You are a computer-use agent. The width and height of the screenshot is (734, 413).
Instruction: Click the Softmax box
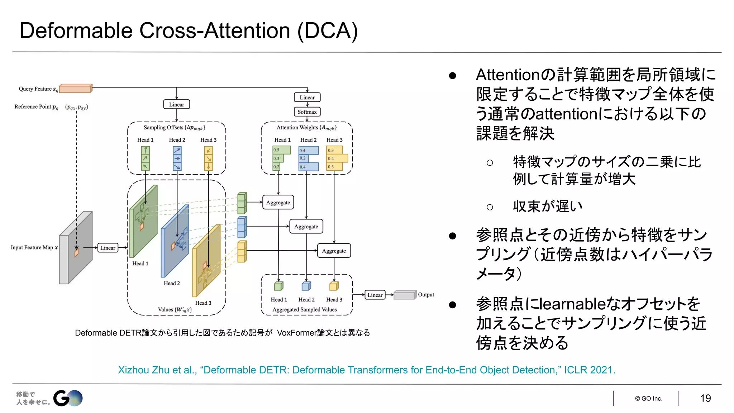(307, 112)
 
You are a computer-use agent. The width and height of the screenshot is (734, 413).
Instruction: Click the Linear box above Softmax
(307, 98)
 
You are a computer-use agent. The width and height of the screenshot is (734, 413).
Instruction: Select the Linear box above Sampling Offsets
(177, 104)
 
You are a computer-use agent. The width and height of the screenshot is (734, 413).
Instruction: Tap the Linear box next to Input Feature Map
(108, 248)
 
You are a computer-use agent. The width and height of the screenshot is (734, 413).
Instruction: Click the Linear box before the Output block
(375, 295)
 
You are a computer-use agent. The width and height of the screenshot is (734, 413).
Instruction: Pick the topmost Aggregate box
(278, 203)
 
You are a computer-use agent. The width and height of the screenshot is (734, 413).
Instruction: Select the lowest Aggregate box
(334, 251)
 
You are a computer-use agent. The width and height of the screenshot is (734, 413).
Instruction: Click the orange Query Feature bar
(76, 88)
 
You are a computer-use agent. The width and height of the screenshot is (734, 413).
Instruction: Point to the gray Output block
(405, 295)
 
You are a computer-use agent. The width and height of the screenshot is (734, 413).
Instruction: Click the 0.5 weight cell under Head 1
(281, 150)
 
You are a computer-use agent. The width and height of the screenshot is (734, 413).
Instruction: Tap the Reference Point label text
(36, 107)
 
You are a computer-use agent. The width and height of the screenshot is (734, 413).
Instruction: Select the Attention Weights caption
(306, 128)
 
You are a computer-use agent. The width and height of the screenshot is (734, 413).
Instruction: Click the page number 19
(705, 398)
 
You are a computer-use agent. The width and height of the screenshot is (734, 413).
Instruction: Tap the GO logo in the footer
(68, 398)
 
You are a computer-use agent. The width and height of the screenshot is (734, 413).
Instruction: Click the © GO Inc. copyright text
(649, 399)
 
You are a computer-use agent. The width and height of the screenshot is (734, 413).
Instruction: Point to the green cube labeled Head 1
(278, 286)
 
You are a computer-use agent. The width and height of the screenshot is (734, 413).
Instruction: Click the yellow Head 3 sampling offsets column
(209, 158)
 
